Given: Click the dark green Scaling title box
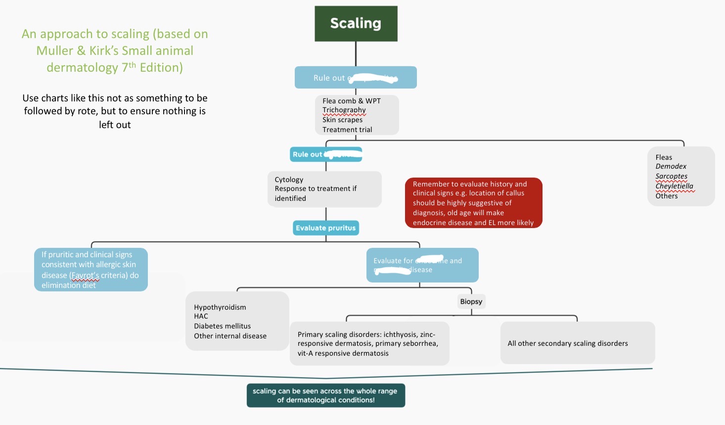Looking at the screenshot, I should click(x=356, y=23).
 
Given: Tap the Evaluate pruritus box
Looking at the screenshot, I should click(x=325, y=228).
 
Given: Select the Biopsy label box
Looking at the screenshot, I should click(x=471, y=301).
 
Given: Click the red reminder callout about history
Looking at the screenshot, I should click(x=473, y=203).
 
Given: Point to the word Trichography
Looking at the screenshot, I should click(x=344, y=110).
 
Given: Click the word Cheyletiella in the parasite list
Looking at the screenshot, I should click(x=674, y=186).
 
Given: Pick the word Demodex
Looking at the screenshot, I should click(x=671, y=166).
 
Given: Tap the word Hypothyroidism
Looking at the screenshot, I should click(x=220, y=307).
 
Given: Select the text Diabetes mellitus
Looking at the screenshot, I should click(x=222, y=326).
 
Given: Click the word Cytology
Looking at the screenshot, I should click(x=289, y=180).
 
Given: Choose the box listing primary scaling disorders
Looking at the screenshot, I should click(x=369, y=344).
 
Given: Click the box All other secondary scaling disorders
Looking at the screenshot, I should click(x=577, y=343).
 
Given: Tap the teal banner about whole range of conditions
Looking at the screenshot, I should click(x=325, y=395).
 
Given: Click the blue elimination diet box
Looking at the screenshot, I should click(x=91, y=270).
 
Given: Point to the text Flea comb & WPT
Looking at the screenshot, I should click(x=351, y=101).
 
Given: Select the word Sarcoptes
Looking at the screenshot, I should click(x=671, y=176).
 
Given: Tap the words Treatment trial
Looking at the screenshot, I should click(x=347, y=130).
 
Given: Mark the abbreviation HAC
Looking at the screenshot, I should click(x=201, y=316).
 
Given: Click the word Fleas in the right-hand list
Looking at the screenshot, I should click(x=664, y=157).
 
